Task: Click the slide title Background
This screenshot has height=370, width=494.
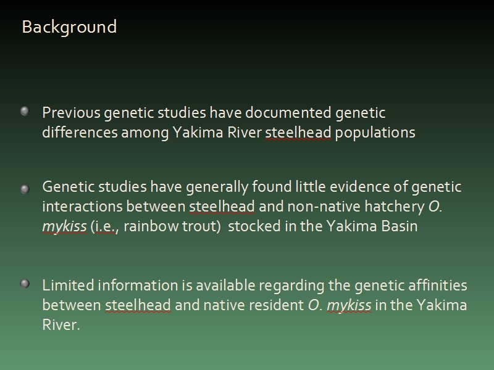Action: coord(69,27)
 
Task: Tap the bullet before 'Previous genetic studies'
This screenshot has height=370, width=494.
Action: coord(25,111)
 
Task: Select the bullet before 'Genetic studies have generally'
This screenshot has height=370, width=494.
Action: coord(25,189)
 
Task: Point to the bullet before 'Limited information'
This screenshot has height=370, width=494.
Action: coord(25,284)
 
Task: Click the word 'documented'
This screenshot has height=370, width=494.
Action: coord(288,113)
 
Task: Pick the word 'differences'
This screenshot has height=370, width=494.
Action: coord(80,132)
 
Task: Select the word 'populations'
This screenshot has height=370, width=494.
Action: coord(375,133)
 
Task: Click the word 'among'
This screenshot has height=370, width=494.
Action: coord(145,133)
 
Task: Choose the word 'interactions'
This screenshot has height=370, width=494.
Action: coord(82,207)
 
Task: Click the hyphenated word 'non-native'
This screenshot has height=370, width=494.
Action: coord(324,207)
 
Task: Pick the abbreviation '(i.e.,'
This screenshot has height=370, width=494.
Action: coord(104,227)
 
